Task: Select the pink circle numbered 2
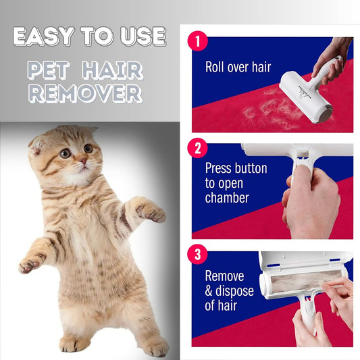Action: pyautogui.click(x=198, y=147)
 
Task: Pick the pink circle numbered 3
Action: pyautogui.click(x=198, y=255)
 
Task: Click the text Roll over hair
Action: pyautogui.click(x=237, y=68)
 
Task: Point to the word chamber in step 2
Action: pyautogui.click(x=228, y=198)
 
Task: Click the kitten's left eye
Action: pyautogui.click(x=65, y=153)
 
